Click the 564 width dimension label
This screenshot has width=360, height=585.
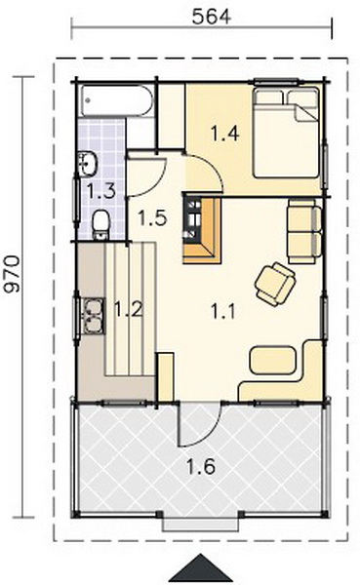tap(212, 17)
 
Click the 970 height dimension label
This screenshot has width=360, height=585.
tap(13, 273)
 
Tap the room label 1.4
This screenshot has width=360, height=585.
tap(224, 134)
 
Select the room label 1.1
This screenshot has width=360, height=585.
tap(223, 311)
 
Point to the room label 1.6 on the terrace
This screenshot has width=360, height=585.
tap(201, 466)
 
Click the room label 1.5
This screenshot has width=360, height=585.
tap(152, 217)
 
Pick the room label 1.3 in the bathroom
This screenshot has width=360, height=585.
tap(101, 191)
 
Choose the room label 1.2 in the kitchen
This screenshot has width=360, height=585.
tap(129, 309)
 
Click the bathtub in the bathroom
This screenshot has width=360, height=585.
tap(117, 100)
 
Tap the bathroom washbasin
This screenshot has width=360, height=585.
tap(88, 164)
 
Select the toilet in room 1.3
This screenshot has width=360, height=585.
tap(100, 224)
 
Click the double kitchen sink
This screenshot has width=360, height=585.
tap(93, 316)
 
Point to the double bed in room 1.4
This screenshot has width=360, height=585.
tap(287, 132)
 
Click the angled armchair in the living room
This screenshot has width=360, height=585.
tap(275, 284)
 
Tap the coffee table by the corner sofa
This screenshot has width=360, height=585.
tap(272, 360)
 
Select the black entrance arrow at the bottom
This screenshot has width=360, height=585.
tap(201, 569)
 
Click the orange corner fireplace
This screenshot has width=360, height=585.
tap(202, 230)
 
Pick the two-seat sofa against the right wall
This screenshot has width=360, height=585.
tap(304, 231)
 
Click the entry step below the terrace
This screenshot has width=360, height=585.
tap(200, 525)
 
